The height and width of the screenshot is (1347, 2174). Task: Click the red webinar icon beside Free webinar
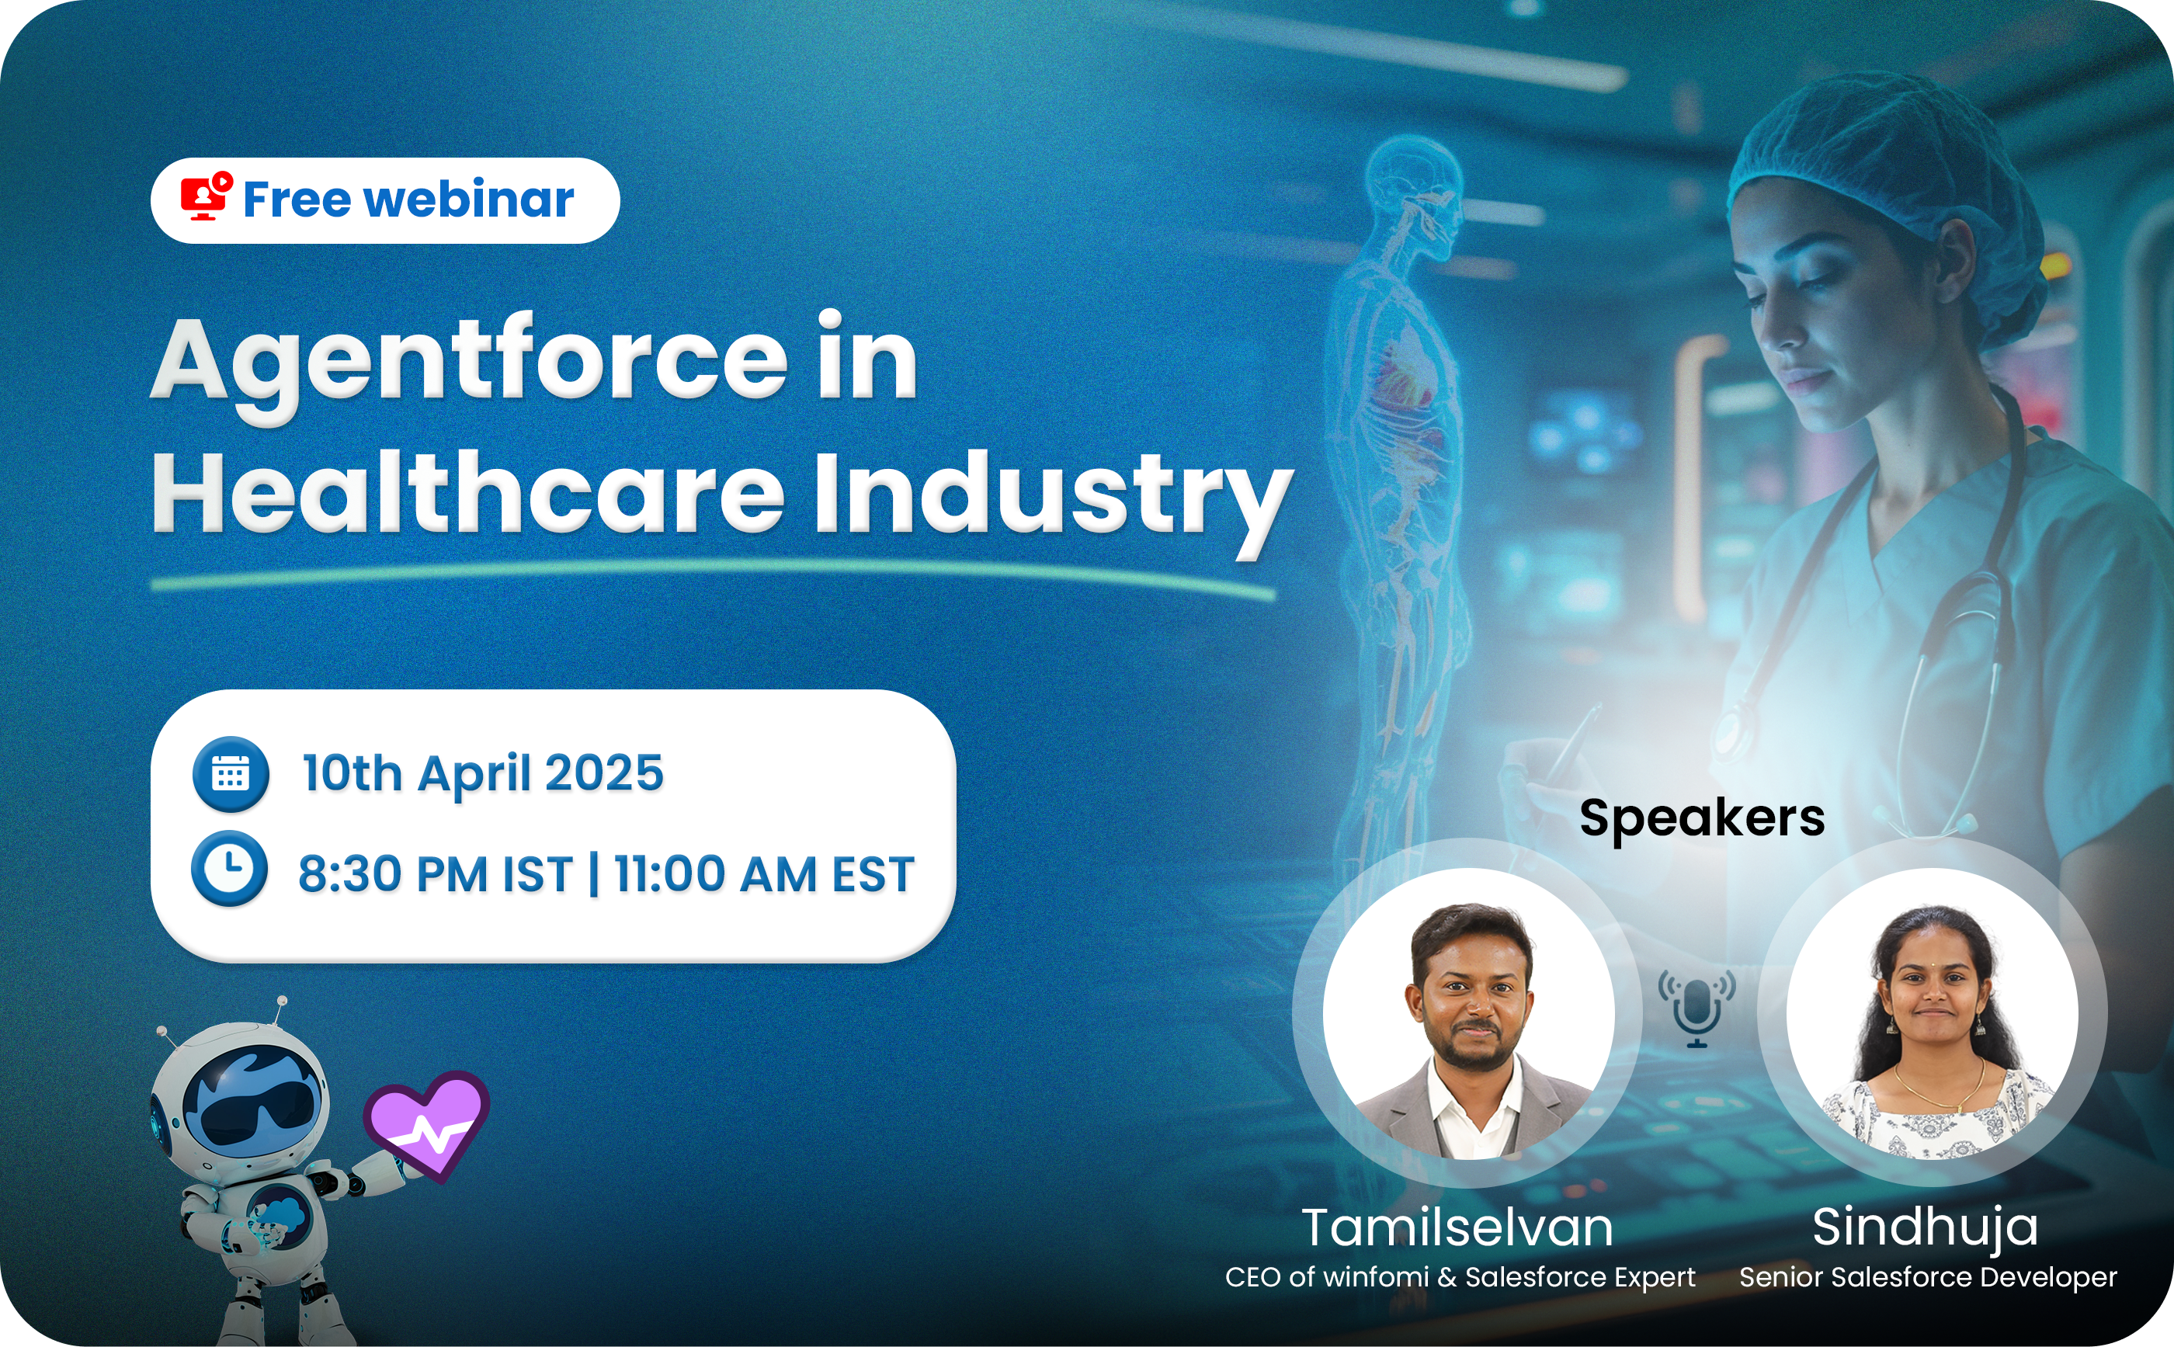click(206, 197)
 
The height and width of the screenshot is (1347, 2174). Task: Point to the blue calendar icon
click(231, 773)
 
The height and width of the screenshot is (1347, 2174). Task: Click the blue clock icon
click(230, 869)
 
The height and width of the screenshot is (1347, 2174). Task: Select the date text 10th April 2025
click(483, 773)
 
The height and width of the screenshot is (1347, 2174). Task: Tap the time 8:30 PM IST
click(435, 873)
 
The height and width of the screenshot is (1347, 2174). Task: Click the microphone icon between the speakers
click(1697, 1009)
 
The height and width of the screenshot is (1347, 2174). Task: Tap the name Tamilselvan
click(1457, 1227)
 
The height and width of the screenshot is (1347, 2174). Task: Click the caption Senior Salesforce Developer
click(1928, 1276)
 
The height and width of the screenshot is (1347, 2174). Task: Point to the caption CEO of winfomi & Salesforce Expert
click(1460, 1276)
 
